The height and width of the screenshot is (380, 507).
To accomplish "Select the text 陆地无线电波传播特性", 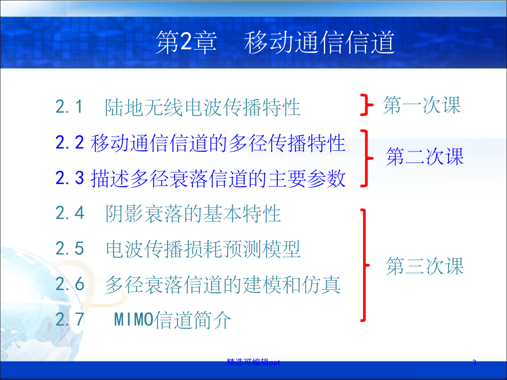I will tap(203, 107).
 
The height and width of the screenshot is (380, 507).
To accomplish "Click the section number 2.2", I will tap(69, 143).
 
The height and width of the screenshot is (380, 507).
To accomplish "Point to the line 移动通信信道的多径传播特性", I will tap(218, 143).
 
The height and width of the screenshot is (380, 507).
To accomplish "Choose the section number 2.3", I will tap(69, 178).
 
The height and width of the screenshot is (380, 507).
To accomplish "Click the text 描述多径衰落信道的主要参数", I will tap(218, 178).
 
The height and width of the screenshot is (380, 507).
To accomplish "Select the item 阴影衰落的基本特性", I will tap(193, 214).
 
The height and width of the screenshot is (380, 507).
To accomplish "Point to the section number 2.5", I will tap(70, 249).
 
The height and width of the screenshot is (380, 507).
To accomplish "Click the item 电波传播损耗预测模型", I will tap(203, 249).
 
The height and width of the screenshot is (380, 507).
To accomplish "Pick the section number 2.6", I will tap(70, 284).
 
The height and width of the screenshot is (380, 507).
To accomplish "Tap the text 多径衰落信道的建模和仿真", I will tap(223, 284).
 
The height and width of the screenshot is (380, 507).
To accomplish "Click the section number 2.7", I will tap(70, 319).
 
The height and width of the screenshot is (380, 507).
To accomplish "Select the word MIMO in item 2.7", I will tap(132, 320).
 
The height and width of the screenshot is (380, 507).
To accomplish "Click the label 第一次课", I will tap(422, 105).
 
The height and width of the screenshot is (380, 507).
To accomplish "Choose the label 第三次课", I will tap(425, 267).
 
